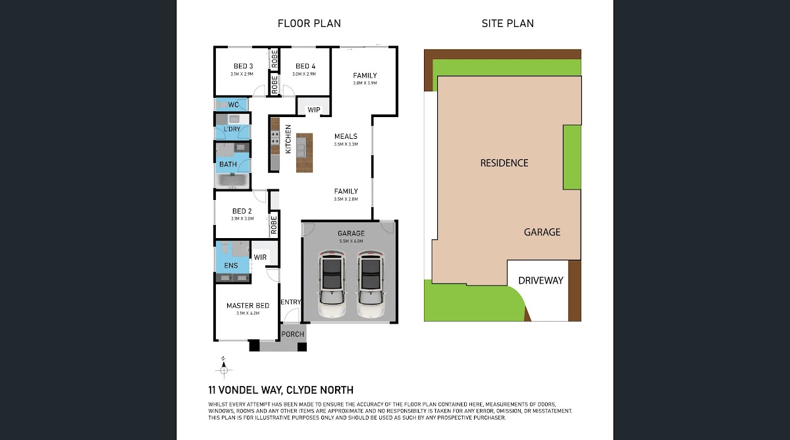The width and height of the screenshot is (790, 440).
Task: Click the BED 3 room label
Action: tap(244, 66)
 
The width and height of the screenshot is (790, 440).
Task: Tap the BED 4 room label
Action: tap(305, 66)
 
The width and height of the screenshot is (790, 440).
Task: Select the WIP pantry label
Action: tap(314, 110)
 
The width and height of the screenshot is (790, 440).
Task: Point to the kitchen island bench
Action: tap(304, 153)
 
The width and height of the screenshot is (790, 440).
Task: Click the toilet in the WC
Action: tap(223, 105)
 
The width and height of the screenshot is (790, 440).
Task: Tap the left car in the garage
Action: tap(332, 284)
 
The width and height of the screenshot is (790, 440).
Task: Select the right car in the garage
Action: tap(370, 284)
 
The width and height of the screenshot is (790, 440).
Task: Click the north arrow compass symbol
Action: tap(224, 368)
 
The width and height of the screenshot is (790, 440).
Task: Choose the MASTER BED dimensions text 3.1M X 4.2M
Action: tap(248, 313)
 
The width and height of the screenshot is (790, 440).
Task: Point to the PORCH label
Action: tap(293, 334)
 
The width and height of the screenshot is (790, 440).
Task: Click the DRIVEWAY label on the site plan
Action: tap(540, 280)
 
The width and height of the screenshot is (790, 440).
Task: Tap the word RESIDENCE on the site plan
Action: tap(504, 162)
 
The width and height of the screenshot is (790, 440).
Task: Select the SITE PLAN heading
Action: tap(508, 23)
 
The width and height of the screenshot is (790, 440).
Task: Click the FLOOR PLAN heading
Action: tap(309, 23)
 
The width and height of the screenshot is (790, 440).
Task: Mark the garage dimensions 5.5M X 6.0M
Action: tap(351, 241)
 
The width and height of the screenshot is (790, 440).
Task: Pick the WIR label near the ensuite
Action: tap(260, 257)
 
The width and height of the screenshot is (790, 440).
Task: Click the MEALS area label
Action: tap(346, 136)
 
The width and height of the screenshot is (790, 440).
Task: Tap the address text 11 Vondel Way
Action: tap(245, 390)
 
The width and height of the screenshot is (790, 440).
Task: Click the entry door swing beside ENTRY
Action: tap(291, 315)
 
